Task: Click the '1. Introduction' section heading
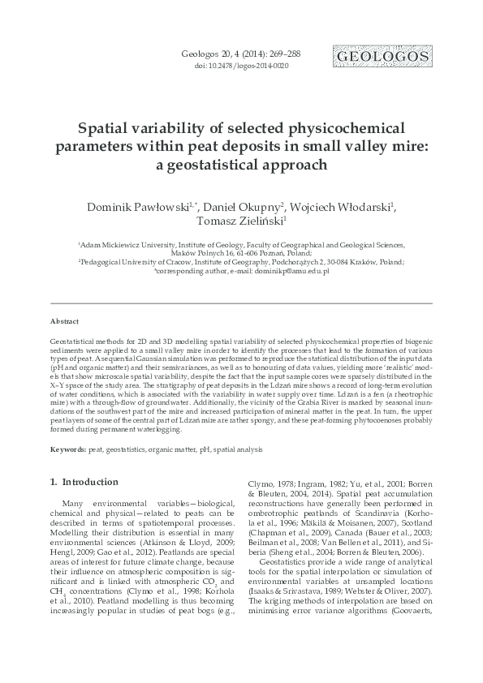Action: click(84, 482)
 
